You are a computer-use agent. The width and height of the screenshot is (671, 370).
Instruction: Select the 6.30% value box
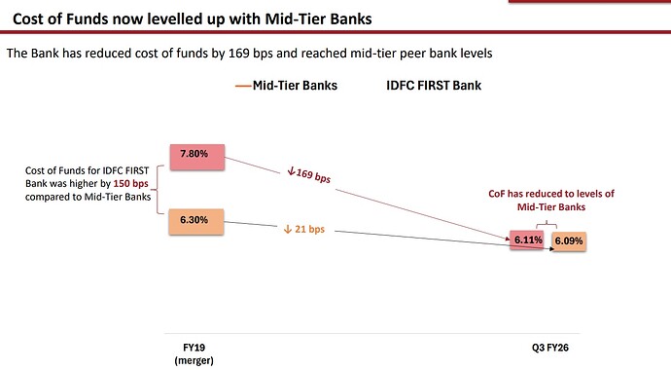[198, 220]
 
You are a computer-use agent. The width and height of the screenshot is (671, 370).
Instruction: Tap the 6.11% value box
[528, 240]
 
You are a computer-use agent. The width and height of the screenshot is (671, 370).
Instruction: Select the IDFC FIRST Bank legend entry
[433, 86]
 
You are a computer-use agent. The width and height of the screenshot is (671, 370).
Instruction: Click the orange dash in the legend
[243, 86]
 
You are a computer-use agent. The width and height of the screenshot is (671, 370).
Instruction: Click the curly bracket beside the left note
[160, 185]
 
